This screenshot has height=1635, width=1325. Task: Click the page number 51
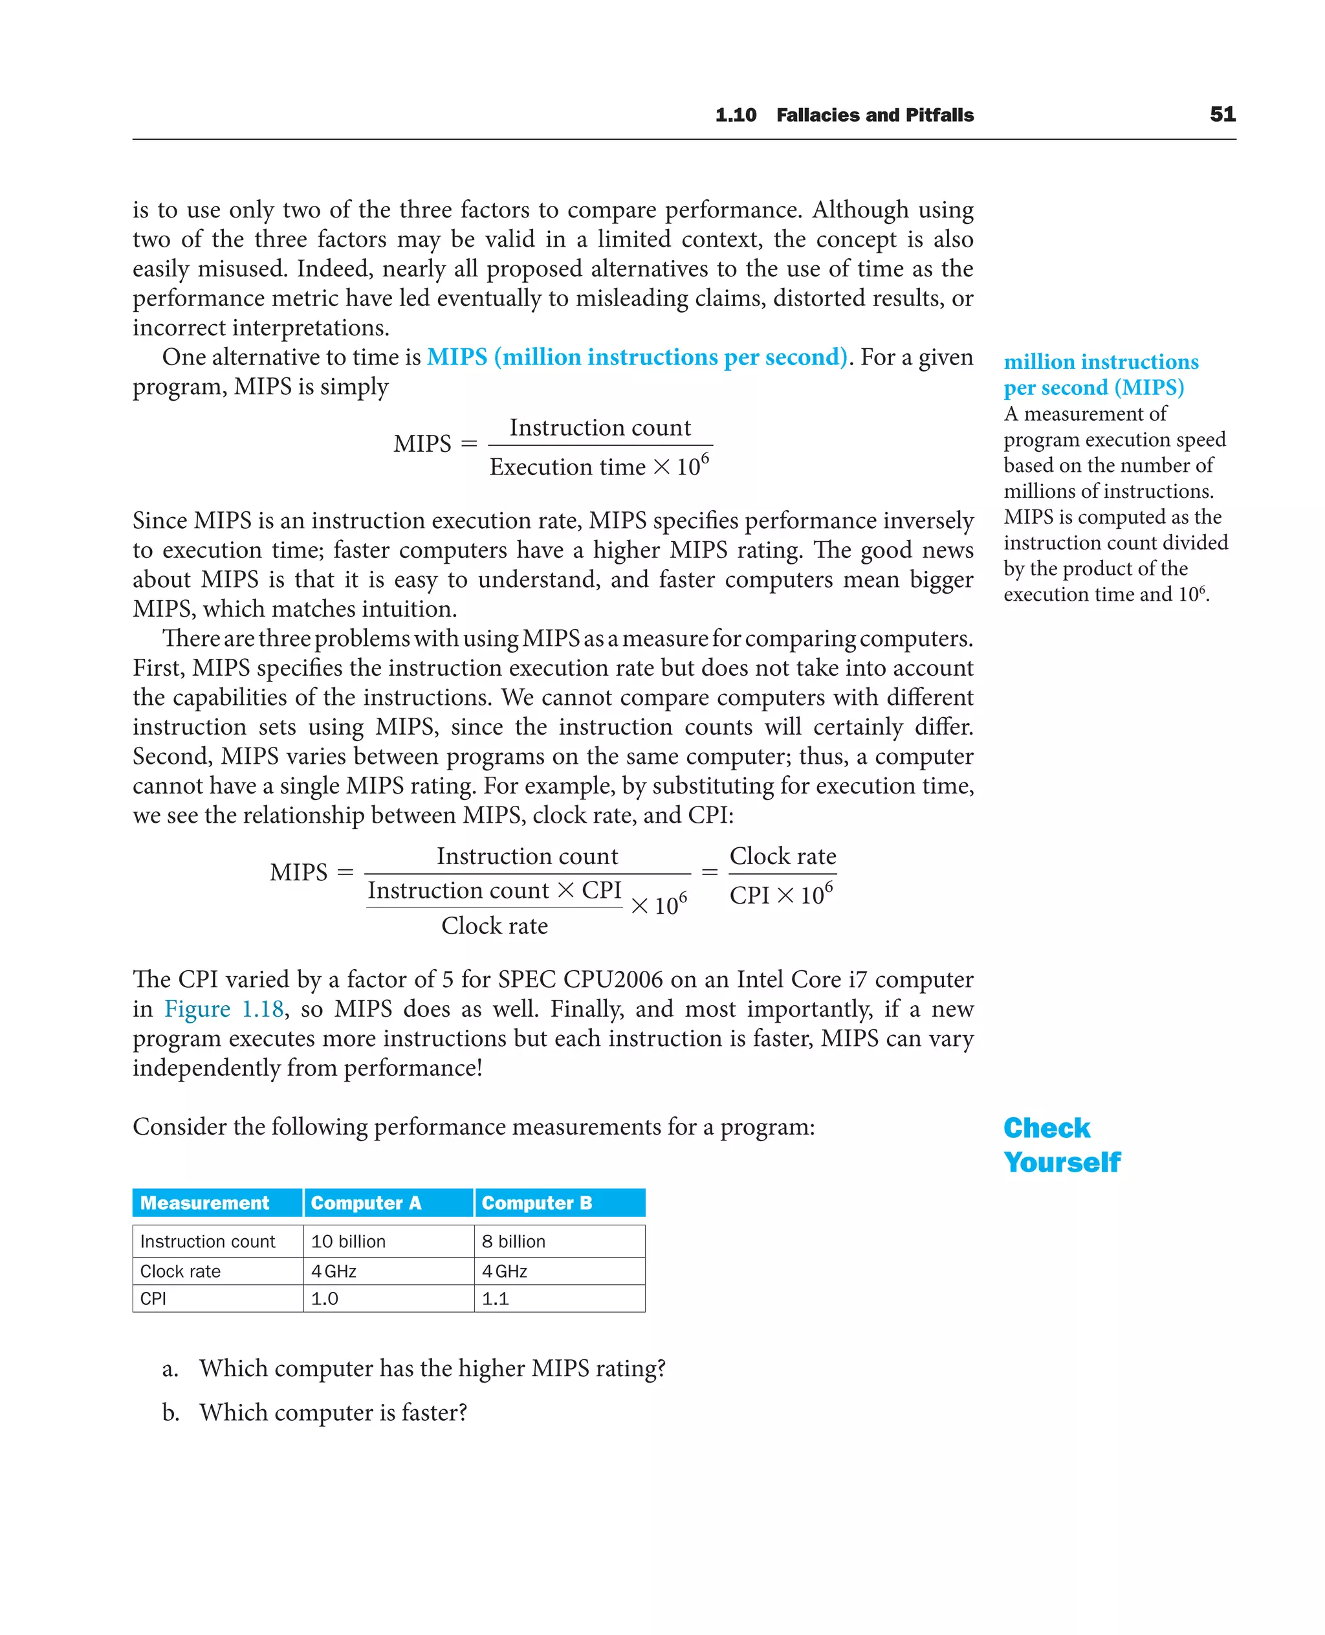pyautogui.click(x=1222, y=115)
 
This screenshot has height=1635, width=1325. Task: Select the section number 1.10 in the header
pyautogui.click(x=735, y=115)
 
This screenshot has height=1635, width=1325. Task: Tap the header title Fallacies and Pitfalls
pyautogui.click(x=875, y=115)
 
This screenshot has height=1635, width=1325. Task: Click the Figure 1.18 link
pyautogui.click(x=224, y=1009)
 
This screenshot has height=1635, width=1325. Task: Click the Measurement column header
pyautogui.click(x=204, y=1203)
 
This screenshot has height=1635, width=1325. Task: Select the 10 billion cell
pyautogui.click(x=348, y=1241)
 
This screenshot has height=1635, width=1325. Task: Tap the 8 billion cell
pyautogui.click(x=513, y=1241)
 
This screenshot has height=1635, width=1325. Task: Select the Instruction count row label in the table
pyautogui.click(x=208, y=1241)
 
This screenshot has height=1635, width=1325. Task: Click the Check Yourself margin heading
pyautogui.click(x=1061, y=1145)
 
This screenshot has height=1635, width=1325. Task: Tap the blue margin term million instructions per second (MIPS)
pyautogui.click(x=1100, y=374)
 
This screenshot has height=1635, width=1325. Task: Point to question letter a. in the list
pyautogui.click(x=170, y=1368)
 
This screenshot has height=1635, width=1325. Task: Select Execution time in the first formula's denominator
pyautogui.click(x=567, y=467)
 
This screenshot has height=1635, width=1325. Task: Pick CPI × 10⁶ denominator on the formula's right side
pyautogui.click(x=781, y=895)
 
